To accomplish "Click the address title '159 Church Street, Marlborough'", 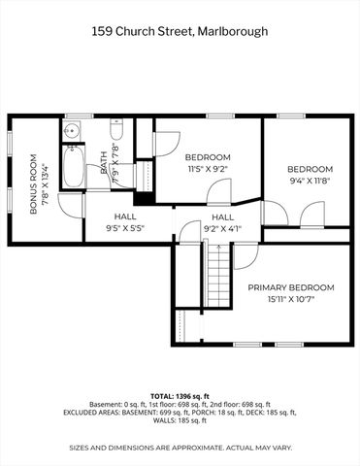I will click(180, 32).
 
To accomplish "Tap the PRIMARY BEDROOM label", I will click(290, 287).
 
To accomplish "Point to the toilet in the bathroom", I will click(115, 130).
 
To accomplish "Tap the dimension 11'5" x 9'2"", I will click(208, 169).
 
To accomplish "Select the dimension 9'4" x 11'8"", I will click(310, 180).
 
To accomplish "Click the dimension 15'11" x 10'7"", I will click(290, 299).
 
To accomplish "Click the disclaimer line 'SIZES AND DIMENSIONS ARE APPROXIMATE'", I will click(180, 448).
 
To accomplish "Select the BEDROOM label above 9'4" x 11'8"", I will click(310, 168).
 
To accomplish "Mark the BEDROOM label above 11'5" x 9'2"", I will click(208, 157).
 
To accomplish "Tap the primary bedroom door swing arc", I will click(245, 254).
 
